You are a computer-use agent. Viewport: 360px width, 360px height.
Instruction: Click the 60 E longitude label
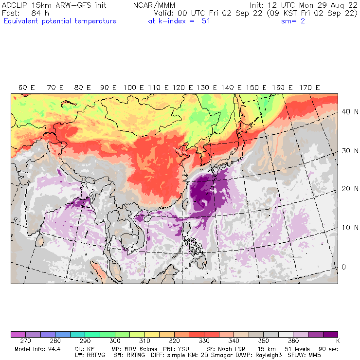click(x=27, y=88)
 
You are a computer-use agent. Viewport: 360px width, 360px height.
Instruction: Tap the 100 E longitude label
click(x=133, y=88)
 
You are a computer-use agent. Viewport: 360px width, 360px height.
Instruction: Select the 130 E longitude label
click(x=210, y=88)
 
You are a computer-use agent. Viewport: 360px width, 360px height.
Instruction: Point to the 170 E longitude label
click(x=309, y=88)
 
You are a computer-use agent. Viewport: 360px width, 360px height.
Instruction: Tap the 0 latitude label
click(x=343, y=267)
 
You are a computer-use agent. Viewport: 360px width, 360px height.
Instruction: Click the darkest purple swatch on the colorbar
click(x=331, y=335)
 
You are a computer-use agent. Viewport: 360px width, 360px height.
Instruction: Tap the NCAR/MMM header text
click(x=154, y=5)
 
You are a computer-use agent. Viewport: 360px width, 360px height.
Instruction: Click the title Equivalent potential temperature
click(x=60, y=21)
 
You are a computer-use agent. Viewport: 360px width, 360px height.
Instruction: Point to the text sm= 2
click(x=293, y=21)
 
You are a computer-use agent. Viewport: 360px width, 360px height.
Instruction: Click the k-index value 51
click(x=205, y=21)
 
